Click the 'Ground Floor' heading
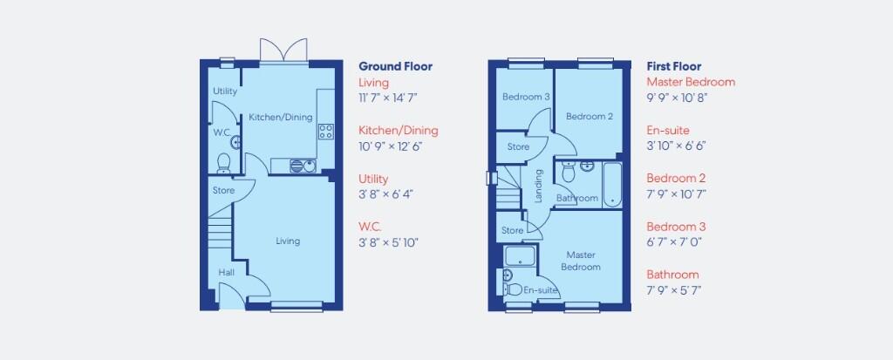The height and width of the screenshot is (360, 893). [395, 66]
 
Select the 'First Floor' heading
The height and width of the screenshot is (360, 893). [673, 66]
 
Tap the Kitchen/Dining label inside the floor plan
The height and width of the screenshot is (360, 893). [280, 118]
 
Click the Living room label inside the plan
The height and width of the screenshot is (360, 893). [288, 241]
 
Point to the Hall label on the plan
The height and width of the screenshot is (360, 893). [227, 273]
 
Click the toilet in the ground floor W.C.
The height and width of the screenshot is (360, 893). [223, 161]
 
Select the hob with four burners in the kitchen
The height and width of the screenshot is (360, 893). [327, 132]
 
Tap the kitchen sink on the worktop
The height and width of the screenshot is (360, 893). [302, 164]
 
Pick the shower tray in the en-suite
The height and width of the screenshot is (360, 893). [521, 256]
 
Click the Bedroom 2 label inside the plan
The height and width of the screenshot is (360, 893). [589, 117]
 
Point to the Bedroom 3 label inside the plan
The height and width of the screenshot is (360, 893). [525, 97]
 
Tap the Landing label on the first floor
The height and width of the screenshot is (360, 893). [539, 186]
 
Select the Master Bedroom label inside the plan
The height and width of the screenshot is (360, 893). [581, 261]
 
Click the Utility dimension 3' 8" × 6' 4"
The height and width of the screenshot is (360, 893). [385, 194]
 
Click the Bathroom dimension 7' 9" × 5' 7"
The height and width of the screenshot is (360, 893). [674, 290]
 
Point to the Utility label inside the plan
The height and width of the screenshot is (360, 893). [225, 92]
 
